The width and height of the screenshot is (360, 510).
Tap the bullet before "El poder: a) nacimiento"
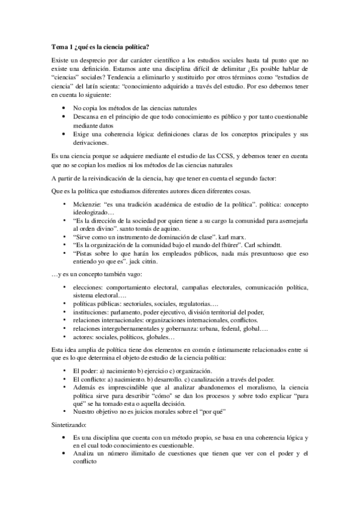click(x=64, y=371)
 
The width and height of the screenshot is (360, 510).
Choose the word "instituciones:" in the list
click(x=91, y=312)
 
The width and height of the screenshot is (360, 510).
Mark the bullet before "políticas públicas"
click(x=64, y=304)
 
